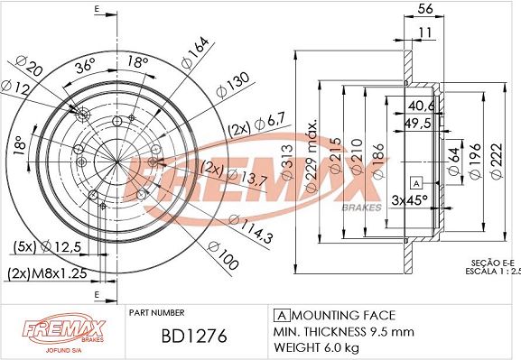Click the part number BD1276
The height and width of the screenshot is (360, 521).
(x=194, y=336)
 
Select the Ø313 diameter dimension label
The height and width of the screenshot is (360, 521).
(x=288, y=162)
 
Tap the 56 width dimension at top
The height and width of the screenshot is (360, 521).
(x=425, y=9)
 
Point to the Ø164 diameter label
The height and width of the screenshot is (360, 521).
(x=195, y=52)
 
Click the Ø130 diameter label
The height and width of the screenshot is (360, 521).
(x=232, y=86)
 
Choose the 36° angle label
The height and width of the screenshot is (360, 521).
(x=85, y=66)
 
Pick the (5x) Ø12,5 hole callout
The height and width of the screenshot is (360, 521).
(x=47, y=246)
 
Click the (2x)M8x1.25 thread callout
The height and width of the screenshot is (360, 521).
(x=47, y=273)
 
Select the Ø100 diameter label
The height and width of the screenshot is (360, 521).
(x=223, y=255)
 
